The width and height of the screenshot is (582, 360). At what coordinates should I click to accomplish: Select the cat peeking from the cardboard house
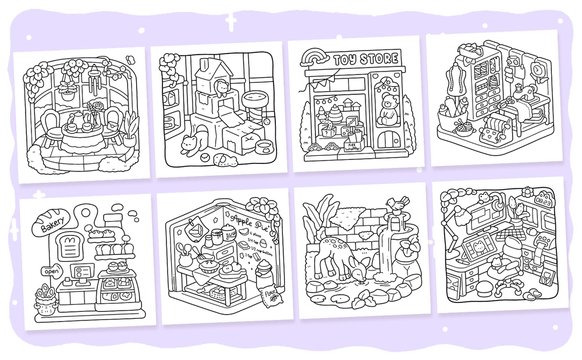(x=221, y=88)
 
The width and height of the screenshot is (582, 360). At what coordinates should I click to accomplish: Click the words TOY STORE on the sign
(x=366, y=59)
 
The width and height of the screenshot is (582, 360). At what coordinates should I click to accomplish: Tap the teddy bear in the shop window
(x=386, y=111)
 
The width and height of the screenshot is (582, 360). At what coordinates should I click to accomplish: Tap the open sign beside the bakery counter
(x=51, y=271)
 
